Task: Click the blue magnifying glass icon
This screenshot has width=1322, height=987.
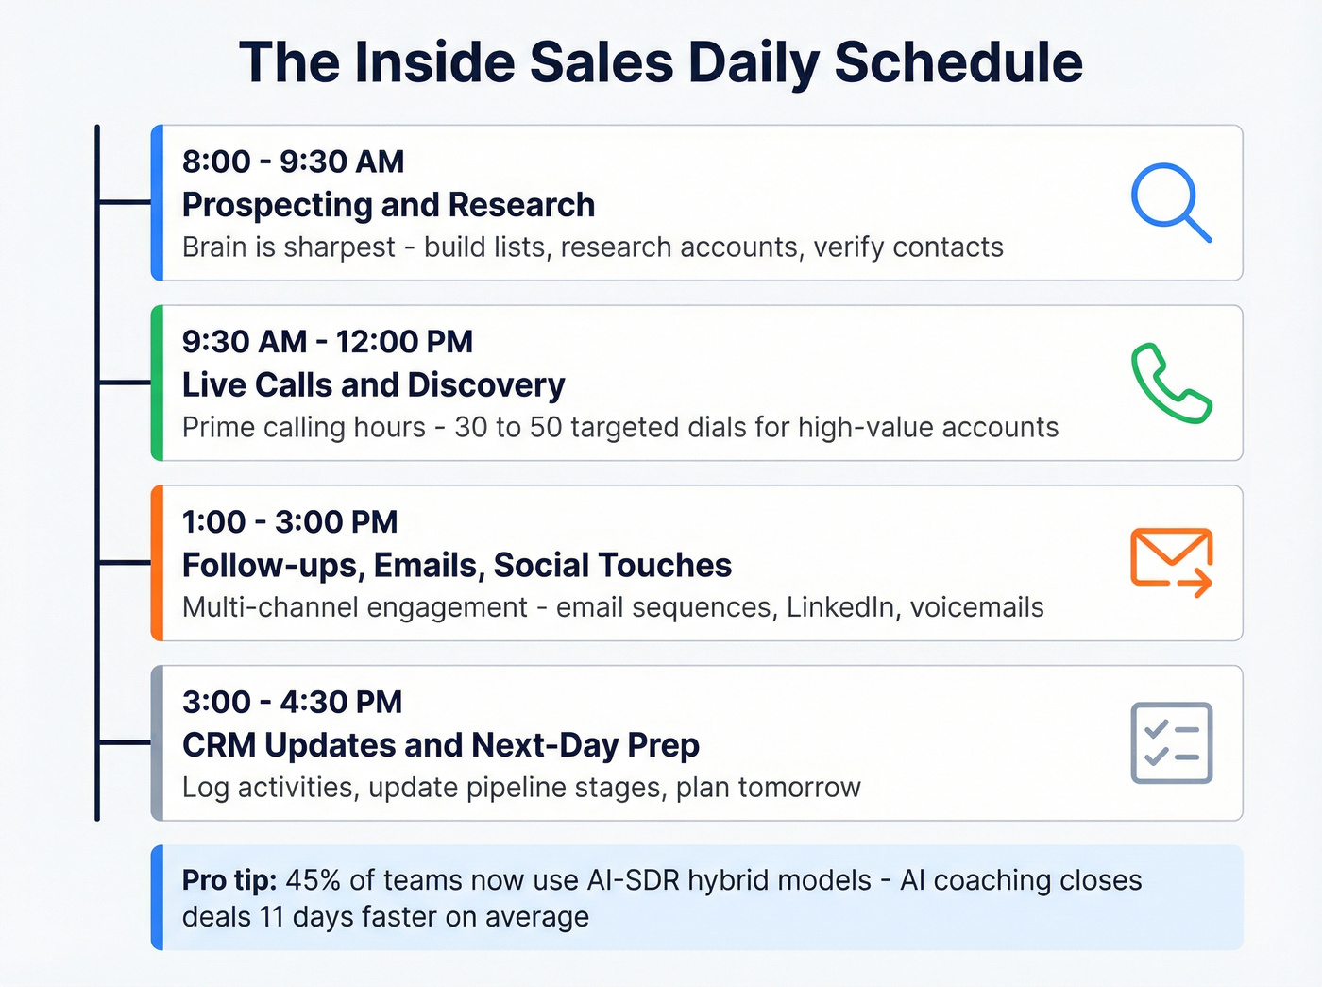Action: [1169, 202]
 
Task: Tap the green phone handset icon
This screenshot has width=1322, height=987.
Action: [1171, 383]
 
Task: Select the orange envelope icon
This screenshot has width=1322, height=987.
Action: [1171, 562]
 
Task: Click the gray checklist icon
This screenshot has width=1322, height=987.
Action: [1171, 742]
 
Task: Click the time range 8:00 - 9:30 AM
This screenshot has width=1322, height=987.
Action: [293, 162]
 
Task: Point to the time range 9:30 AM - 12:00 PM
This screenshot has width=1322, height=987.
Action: [327, 341]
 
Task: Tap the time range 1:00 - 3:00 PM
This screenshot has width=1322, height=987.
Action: [289, 521]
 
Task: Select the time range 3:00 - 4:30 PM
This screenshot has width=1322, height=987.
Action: [292, 702]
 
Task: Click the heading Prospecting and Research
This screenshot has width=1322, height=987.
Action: [388, 204]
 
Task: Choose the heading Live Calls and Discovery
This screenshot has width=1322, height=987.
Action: [373, 384]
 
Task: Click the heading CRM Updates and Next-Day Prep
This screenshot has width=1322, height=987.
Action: [440, 745]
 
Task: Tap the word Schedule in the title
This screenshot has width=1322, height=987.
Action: [958, 62]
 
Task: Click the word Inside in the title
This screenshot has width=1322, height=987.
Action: [435, 62]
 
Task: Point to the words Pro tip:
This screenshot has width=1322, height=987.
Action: [229, 879]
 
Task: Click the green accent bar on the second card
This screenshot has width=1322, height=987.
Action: [158, 383]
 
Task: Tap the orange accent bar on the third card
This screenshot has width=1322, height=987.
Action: [158, 563]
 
